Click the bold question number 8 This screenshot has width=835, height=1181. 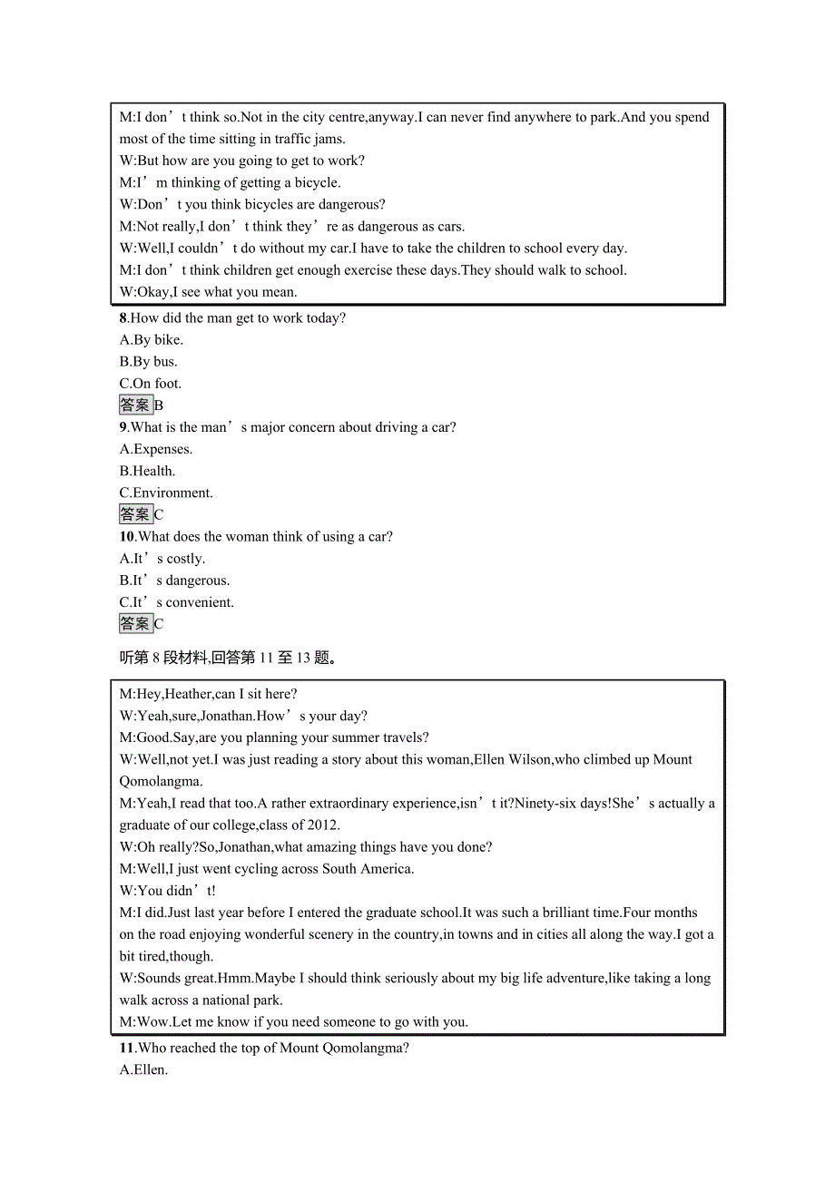[123, 317]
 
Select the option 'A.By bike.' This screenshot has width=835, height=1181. [152, 339]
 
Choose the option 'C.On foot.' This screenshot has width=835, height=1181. [151, 383]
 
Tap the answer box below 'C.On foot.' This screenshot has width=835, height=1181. [136, 405]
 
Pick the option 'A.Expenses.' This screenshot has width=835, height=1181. [156, 449]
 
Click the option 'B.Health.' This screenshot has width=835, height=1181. [147, 471]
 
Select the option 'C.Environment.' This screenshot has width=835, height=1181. [166, 493]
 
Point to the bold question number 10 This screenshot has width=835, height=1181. [127, 536]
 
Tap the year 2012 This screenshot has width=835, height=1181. [322, 825]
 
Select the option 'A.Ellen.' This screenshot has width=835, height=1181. [144, 1069]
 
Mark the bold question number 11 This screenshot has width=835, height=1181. [127, 1048]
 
